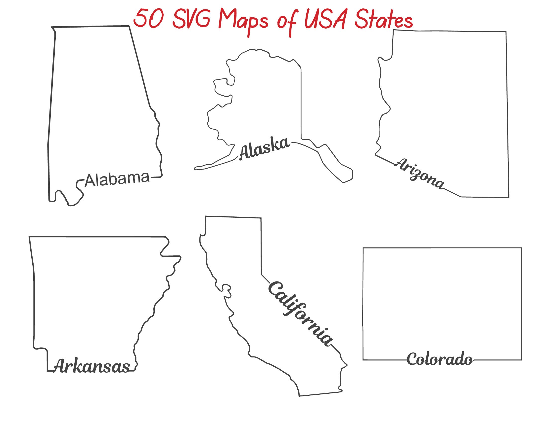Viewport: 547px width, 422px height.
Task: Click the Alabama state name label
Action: pyautogui.click(x=117, y=179)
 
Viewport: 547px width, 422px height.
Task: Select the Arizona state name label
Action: pyautogui.click(x=420, y=173)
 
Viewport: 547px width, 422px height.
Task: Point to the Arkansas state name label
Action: pyautogui.click(x=92, y=366)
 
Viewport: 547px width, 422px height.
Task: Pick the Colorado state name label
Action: pyautogui.click(x=440, y=359)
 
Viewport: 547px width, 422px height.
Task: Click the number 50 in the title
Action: pyautogui.click(x=148, y=19)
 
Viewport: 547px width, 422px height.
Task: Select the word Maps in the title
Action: pyautogui.click(x=243, y=21)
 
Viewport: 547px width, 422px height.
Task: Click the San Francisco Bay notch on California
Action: pyautogui.click(x=227, y=290)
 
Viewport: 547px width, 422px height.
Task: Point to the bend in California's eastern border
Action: pyautogui.click(x=261, y=275)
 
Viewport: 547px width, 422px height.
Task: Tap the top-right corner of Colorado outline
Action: pyautogui.click(x=521, y=248)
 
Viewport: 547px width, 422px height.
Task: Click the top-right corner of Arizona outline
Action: pyautogui.click(x=506, y=32)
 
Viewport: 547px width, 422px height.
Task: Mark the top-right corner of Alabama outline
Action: pyautogui.click(x=129, y=26)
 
